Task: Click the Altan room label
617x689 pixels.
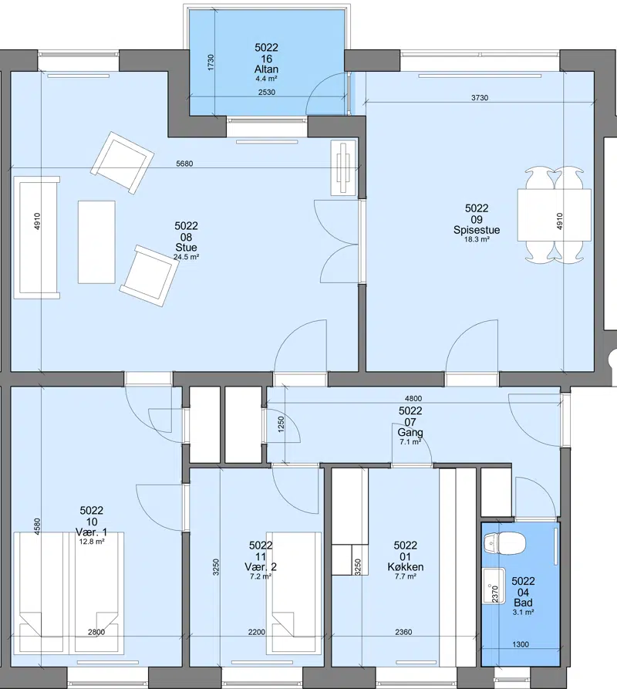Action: click(266, 69)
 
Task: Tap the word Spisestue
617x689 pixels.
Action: click(477, 230)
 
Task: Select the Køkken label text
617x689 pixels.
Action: click(406, 567)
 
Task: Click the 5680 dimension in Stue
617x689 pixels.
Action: click(184, 164)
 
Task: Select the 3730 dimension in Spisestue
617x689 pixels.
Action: click(480, 97)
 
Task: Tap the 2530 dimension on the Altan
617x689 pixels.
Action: click(267, 93)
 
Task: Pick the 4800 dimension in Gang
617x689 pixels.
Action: click(413, 399)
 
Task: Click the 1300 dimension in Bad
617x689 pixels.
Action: click(521, 644)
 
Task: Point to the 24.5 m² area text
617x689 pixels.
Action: click(186, 257)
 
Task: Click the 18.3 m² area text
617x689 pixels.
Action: click(477, 239)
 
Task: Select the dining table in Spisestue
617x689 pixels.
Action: click(555, 214)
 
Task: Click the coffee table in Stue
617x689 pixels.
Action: click(96, 242)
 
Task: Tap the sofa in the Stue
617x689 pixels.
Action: click(36, 238)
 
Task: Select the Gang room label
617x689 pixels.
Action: click(410, 432)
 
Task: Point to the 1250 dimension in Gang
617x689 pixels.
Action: click(281, 424)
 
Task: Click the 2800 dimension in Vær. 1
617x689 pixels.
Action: click(96, 632)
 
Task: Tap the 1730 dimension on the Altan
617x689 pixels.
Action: click(211, 62)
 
